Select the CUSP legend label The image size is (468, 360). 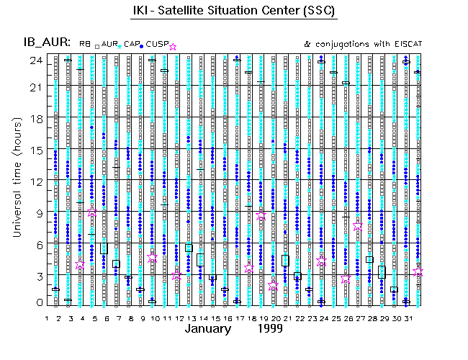pos(156,45)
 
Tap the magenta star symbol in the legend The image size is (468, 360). pos(172,47)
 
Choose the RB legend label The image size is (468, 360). pos(85,45)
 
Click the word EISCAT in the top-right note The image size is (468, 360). pos(405,45)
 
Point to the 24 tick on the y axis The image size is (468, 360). pos(35,60)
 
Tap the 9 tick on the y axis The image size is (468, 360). pos(37,212)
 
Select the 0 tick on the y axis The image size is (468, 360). pos(37,303)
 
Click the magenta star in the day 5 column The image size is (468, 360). pos(92,212)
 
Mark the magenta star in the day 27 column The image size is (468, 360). pos(358,225)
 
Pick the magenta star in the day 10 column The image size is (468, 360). pos(152,257)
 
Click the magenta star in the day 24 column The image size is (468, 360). pos(321,261)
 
